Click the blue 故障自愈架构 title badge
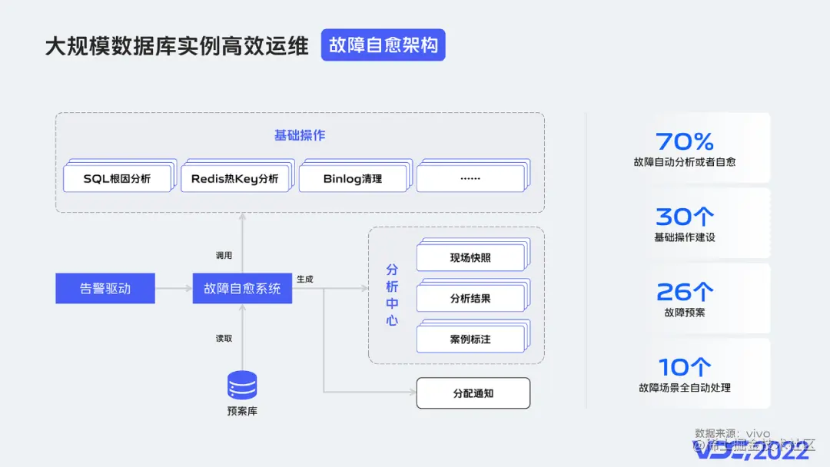click(383, 45)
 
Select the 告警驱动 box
click(105, 289)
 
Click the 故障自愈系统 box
click(242, 289)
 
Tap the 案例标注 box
click(470, 339)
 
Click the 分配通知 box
click(473, 393)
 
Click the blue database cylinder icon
click(242, 384)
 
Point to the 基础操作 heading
click(300, 135)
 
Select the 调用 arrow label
click(224, 255)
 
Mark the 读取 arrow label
click(224, 338)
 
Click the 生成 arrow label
click(305, 279)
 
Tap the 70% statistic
click(684, 141)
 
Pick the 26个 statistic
click(684, 292)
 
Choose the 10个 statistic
click(684, 367)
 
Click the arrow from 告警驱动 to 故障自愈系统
click(174, 289)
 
